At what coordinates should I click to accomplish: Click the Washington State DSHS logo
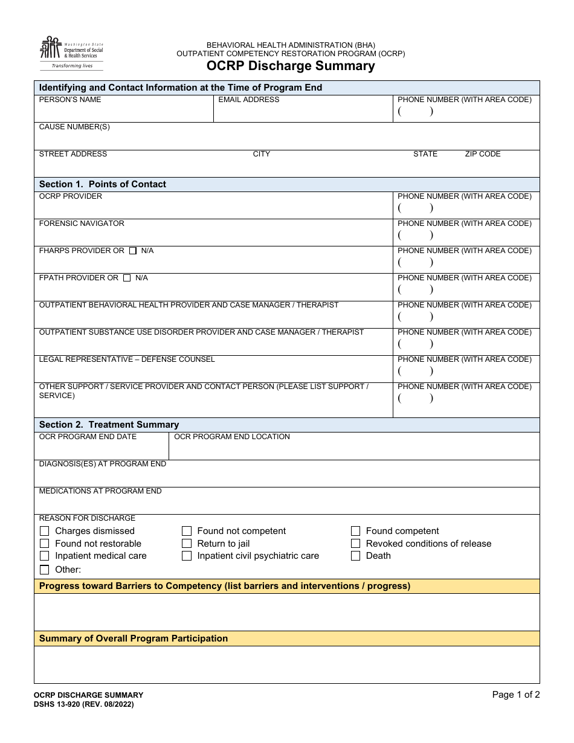pyautogui.click(x=71, y=53)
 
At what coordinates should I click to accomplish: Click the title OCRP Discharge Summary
pyautogui.click(x=291, y=66)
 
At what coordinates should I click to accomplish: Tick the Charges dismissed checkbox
pyautogui.click(x=44, y=531)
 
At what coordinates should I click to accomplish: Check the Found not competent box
pyautogui.click(x=187, y=531)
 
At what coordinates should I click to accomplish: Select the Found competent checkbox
pyautogui.click(x=355, y=531)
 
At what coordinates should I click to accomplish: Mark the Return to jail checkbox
pyautogui.click(x=187, y=544)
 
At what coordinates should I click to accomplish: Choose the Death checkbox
pyautogui.click(x=355, y=556)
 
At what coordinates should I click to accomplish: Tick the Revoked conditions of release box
pyautogui.click(x=355, y=544)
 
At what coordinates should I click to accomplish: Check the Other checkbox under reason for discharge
pyautogui.click(x=44, y=570)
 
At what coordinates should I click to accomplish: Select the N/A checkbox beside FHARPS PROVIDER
pyautogui.click(x=133, y=251)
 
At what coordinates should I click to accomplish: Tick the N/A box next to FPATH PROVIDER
pyautogui.click(x=127, y=278)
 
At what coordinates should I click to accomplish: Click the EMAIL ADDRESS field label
pyautogui.click(x=248, y=100)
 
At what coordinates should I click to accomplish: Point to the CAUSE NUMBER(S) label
pyautogui.click(x=74, y=127)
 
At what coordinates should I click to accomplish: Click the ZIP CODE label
pyautogui.click(x=482, y=154)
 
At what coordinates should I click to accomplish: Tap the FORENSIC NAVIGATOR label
pyautogui.click(x=82, y=224)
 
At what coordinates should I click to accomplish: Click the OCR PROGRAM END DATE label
pyautogui.click(x=88, y=437)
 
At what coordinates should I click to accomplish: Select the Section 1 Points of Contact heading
pyautogui.click(x=103, y=184)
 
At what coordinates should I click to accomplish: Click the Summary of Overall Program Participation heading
pyautogui.click(x=134, y=638)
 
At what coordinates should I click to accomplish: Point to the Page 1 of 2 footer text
pyautogui.click(x=515, y=695)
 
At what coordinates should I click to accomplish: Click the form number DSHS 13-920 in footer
pyautogui.click(x=83, y=704)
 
